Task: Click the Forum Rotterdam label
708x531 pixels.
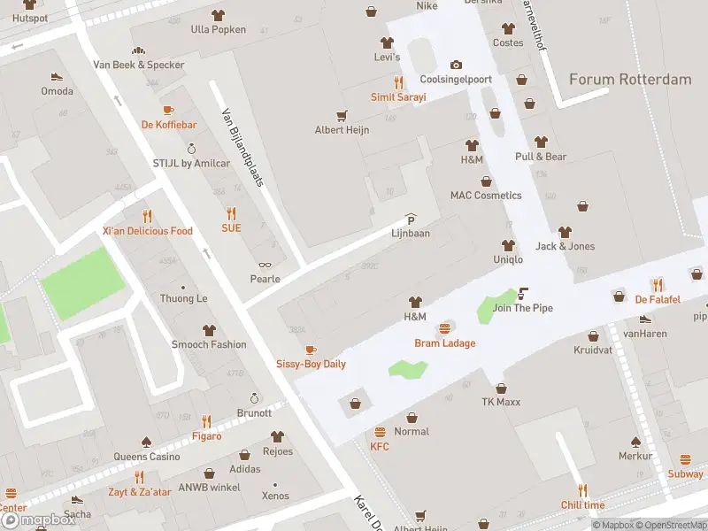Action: (630, 80)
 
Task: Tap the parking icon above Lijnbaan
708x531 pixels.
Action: (411, 219)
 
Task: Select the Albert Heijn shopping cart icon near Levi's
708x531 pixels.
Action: (342, 115)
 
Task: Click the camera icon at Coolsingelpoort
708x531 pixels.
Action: (456, 65)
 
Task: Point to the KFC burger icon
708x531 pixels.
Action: (380, 432)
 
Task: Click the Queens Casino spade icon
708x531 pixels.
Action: (147, 442)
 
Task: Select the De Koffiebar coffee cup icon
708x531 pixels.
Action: (168, 111)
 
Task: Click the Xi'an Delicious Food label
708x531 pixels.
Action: (147, 231)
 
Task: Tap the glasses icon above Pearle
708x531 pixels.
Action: (265, 265)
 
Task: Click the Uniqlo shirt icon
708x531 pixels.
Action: (508, 245)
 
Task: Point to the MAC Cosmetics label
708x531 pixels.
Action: (486, 196)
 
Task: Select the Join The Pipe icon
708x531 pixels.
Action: (523, 293)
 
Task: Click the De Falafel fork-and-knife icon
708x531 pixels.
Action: (658, 284)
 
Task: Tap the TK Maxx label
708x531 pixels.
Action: (501, 402)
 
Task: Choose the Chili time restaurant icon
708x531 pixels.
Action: (582, 490)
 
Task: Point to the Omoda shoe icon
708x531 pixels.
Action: (57, 77)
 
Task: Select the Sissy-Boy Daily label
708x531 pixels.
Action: (311, 364)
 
